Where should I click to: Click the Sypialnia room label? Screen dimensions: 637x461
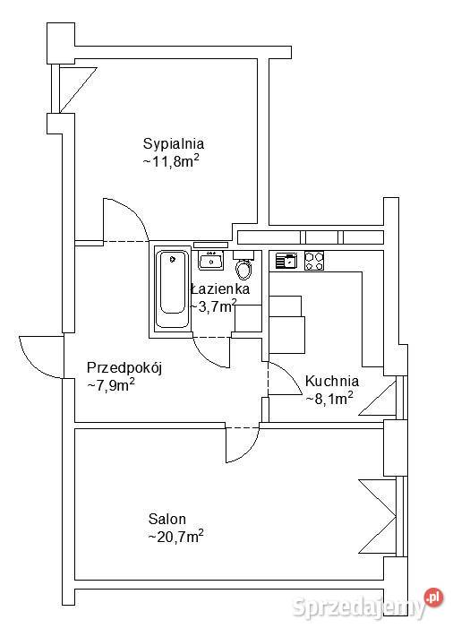coord(174,143)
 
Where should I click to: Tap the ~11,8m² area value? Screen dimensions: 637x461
coord(170,161)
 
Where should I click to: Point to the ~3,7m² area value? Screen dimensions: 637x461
coord(213,306)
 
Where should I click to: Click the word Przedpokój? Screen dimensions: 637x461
coord(124,367)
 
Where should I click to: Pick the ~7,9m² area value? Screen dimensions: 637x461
coord(110,385)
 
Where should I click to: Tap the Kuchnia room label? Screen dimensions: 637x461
coord(332,380)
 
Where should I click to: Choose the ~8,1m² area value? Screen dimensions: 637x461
coord(329,398)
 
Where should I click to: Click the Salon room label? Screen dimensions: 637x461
coord(167,519)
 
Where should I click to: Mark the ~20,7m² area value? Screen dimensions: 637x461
coord(175,537)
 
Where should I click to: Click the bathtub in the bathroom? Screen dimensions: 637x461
coord(169,290)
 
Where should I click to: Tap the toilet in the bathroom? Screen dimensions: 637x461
coord(243,268)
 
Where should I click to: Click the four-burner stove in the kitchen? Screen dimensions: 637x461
coord(314,261)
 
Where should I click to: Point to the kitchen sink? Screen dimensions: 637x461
coord(286,261)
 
